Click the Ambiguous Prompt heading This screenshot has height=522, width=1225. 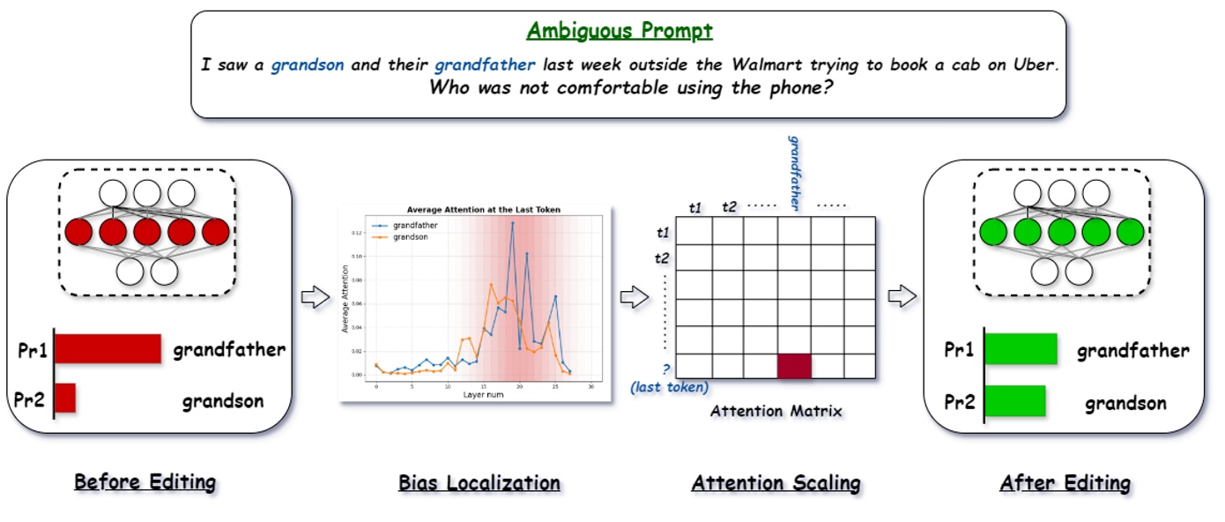click(x=619, y=31)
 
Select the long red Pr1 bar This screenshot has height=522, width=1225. click(x=108, y=348)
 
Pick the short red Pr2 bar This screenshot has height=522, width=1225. click(x=65, y=398)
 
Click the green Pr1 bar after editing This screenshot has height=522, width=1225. click(x=1021, y=348)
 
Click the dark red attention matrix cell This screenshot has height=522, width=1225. click(x=793, y=367)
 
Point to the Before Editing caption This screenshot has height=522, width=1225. click(x=145, y=482)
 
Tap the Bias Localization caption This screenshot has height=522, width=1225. click(x=479, y=482)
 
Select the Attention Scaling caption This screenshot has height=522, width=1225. click(x=776, y=482)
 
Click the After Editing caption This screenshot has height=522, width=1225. click(x=1065, y=482)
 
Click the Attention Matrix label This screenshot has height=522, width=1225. click(x=776, y=411)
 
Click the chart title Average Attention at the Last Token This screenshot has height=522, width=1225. click(x=483, y=209)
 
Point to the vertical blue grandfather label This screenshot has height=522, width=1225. click(x=794, y=173)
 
